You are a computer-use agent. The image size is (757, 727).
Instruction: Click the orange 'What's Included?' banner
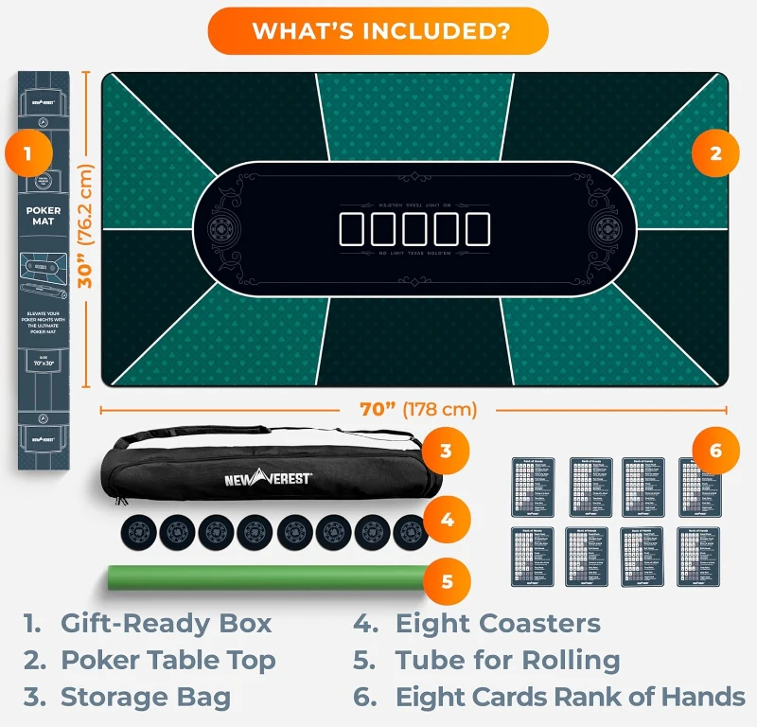pyautogui.click(x=378, y=30)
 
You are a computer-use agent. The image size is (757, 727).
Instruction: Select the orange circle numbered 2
pyautogui.click(x=715, y=154)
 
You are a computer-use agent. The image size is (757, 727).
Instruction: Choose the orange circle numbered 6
pyautogui.click(x=715, y=451)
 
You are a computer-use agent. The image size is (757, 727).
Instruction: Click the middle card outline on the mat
pyautogui.click(x=414, y=229)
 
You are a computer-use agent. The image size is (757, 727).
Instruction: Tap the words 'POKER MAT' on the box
pyautogui.click(x=44, y=216)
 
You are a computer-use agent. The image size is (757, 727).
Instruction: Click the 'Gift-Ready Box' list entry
pyautogui.click(x=166, y=624)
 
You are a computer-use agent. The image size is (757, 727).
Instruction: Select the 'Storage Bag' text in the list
pyautogui.click(x=146, y=698)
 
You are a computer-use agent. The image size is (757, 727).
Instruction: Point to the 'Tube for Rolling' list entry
pyautogui.click(x=507, y=661)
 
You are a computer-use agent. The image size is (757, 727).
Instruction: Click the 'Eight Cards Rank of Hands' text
pyautogui.click(x=570, y=698)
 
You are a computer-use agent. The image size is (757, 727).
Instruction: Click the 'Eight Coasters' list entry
pyautogui.click(x=498, y=624)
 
